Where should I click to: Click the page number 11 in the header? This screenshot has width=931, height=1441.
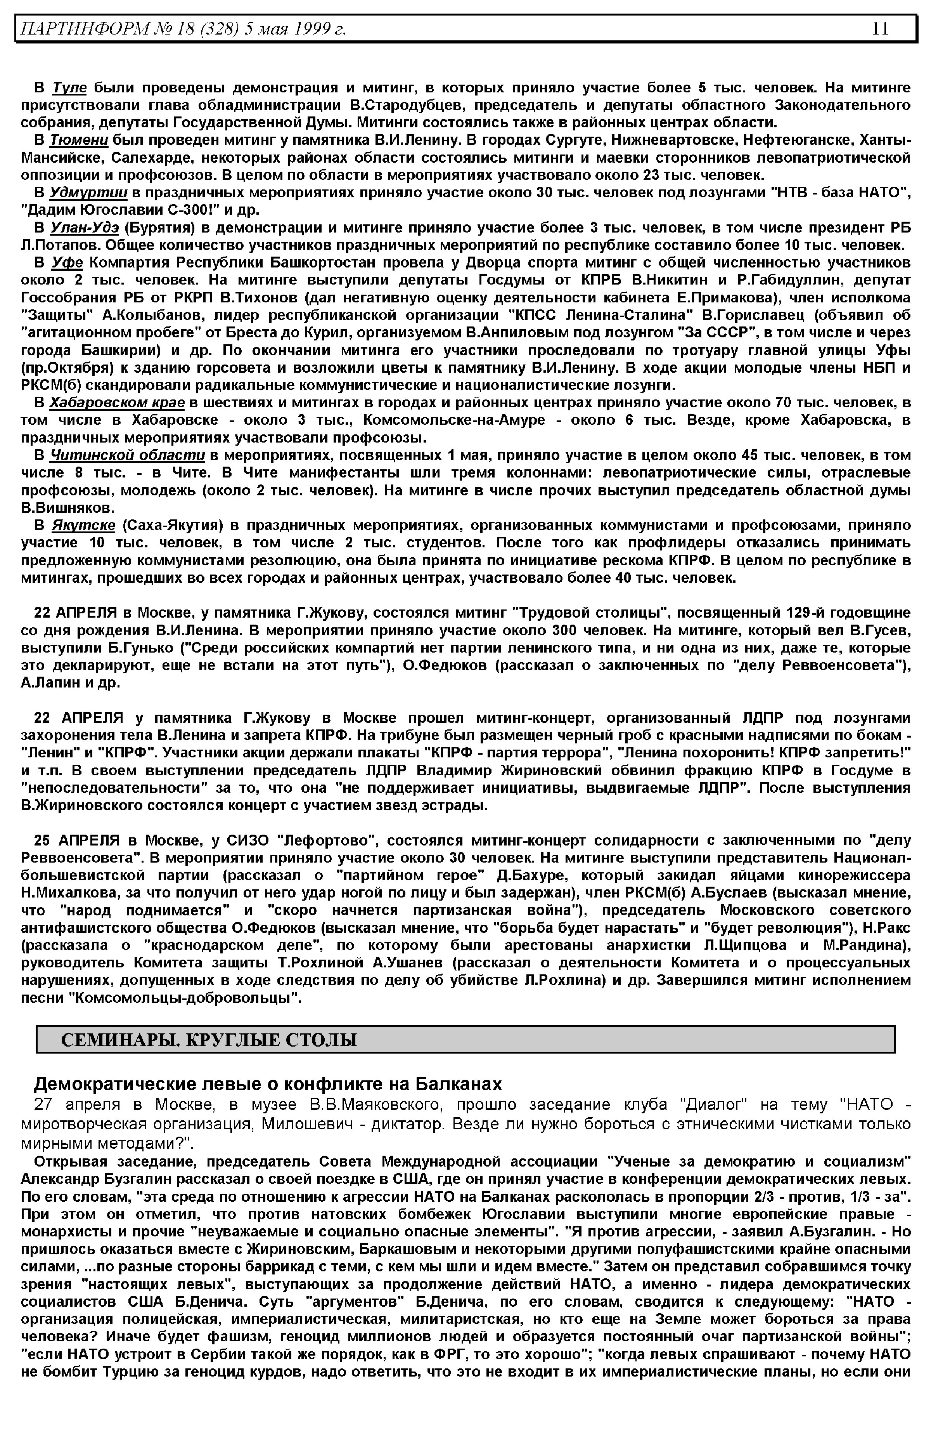(x=880, y=28)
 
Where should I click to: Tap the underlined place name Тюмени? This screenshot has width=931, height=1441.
(x=79, y=141)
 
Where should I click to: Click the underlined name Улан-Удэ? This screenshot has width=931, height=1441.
(x=85, y=228)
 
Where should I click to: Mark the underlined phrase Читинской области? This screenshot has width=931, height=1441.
(x=128, y=455)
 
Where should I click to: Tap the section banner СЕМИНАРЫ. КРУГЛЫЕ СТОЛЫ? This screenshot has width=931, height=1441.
(x=209, y=1039)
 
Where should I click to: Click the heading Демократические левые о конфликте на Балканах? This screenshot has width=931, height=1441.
(x=268, y=1083)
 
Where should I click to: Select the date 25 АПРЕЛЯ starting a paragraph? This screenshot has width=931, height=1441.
(x=77, y=840)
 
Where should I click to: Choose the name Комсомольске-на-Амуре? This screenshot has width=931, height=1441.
(x=454, y=420)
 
